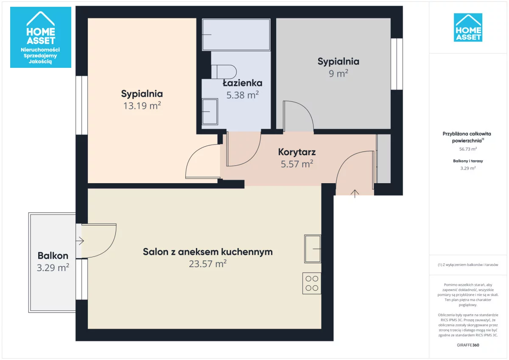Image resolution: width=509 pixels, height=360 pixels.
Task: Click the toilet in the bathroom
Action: coord(224,72)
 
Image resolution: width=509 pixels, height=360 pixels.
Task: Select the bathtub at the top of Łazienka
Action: coord(236,34)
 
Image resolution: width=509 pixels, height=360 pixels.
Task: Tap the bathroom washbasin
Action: coord(210,112)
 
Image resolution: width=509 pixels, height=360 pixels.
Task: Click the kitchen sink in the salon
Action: coord(313,249)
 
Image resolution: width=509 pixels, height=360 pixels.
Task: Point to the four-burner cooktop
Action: coord(312,283)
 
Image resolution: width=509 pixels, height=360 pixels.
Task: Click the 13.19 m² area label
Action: coord(142,106)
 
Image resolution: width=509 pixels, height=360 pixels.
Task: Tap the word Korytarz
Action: coord(297,152)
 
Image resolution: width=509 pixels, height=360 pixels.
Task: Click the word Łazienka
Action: coord(243,83)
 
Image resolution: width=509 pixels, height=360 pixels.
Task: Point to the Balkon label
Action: coord(53,256)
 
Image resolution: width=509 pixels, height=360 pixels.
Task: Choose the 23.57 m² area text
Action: coord(208,264)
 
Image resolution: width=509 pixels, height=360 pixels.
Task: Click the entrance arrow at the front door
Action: coord(355,194)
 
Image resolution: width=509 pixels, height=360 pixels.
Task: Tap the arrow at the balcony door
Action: coord(80,241)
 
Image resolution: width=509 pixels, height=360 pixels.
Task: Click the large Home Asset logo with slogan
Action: coord(41,37)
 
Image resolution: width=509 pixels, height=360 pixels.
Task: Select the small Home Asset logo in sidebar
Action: coord(468,28)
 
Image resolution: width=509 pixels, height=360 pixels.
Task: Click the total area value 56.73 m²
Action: coord(468,149)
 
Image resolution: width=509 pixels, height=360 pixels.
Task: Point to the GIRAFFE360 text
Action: coord(468,345)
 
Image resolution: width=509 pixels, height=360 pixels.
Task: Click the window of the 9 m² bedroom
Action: coord(397,64)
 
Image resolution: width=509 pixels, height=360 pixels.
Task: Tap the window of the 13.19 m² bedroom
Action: coord(81,105)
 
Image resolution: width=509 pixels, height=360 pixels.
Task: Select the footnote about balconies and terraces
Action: coord(468,265)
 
